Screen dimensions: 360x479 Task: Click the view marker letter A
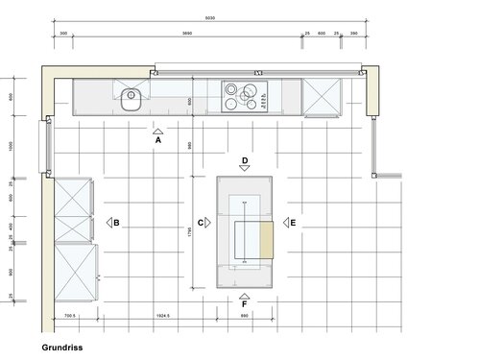(157, 139)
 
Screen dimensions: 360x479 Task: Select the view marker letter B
(116, 224)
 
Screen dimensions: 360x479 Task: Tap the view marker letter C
(200, 223)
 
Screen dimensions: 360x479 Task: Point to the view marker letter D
(245, 160)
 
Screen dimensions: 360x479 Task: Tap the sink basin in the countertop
(132, 95)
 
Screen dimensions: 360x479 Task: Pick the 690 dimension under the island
(244, 316)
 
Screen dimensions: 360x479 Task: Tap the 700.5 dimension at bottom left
(69, 316)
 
